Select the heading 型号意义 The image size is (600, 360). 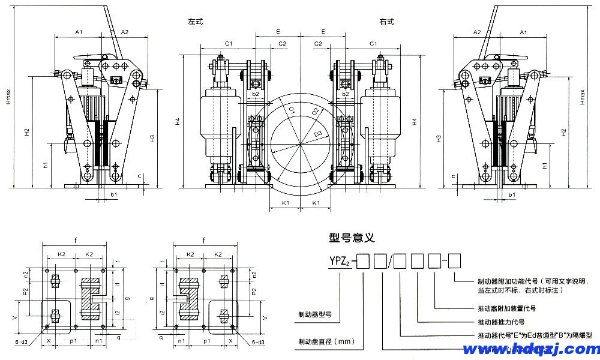coord(352,238)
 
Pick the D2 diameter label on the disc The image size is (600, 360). coord(314,112)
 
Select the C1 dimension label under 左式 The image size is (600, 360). coord(229,44)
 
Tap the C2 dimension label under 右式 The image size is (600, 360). coord(319,44)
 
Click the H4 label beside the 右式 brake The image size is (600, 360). coord(414,122)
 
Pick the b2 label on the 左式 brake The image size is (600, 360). coord(256,94)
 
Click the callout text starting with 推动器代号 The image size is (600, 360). coord(534,335)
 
